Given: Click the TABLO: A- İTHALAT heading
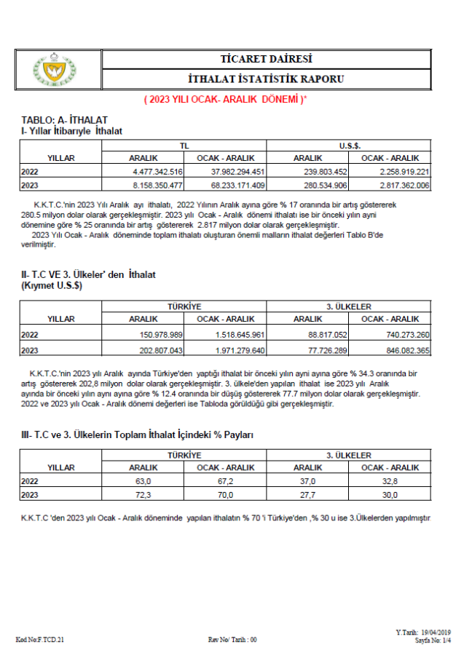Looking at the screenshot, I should tap(65, 119).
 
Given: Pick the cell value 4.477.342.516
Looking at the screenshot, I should tap(157, 171).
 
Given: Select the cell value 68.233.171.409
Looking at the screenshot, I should tap(232, 186).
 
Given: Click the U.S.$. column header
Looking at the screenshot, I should tap(350, 146).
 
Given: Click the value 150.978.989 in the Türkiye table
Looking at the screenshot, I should tap(157, 334).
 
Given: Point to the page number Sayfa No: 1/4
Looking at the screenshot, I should tap(433, 640).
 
